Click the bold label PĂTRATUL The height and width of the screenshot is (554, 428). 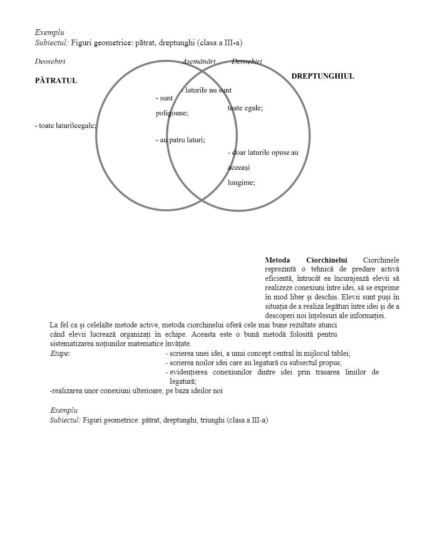point(56,81)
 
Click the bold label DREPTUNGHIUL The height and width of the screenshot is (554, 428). point(322,76)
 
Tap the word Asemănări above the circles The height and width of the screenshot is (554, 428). point(199,61)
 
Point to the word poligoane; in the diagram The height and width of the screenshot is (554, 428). point(172,113)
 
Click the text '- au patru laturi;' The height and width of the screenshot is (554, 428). point(180,139)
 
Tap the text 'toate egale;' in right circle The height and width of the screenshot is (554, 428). point(245,108)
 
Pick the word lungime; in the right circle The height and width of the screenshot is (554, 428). point(241,182)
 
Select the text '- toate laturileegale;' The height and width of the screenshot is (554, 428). point(65,125)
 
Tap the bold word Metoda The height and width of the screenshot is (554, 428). point(277,260)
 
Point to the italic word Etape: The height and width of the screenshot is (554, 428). point(60,353)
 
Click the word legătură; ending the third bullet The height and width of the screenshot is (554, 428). point(183,381)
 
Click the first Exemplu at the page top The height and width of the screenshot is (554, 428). point(49,33)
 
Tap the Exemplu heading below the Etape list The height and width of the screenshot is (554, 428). point(64,410)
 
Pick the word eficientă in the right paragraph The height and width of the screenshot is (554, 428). point(279,278)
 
